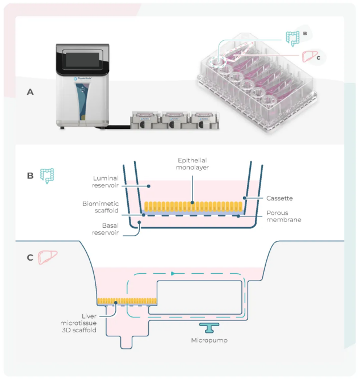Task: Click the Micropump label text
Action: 210,340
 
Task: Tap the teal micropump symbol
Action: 209,328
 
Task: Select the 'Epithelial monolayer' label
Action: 192,164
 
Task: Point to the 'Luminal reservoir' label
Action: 106,182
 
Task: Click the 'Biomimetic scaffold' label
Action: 101,207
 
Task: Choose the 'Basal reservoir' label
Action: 106,229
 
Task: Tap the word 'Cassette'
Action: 279,198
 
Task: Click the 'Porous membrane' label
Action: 284,216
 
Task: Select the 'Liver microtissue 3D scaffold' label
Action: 78,323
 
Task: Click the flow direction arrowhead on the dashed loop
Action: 173,274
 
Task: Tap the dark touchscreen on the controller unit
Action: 82,60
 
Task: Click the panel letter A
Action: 30,92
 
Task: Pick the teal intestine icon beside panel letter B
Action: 47,176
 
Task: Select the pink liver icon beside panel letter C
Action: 48,257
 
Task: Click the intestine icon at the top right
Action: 292,39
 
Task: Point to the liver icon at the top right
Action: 309,56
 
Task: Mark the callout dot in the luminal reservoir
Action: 149,186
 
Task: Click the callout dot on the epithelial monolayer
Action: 192,202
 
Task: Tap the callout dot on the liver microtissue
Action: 116,303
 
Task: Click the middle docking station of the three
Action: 175,120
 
